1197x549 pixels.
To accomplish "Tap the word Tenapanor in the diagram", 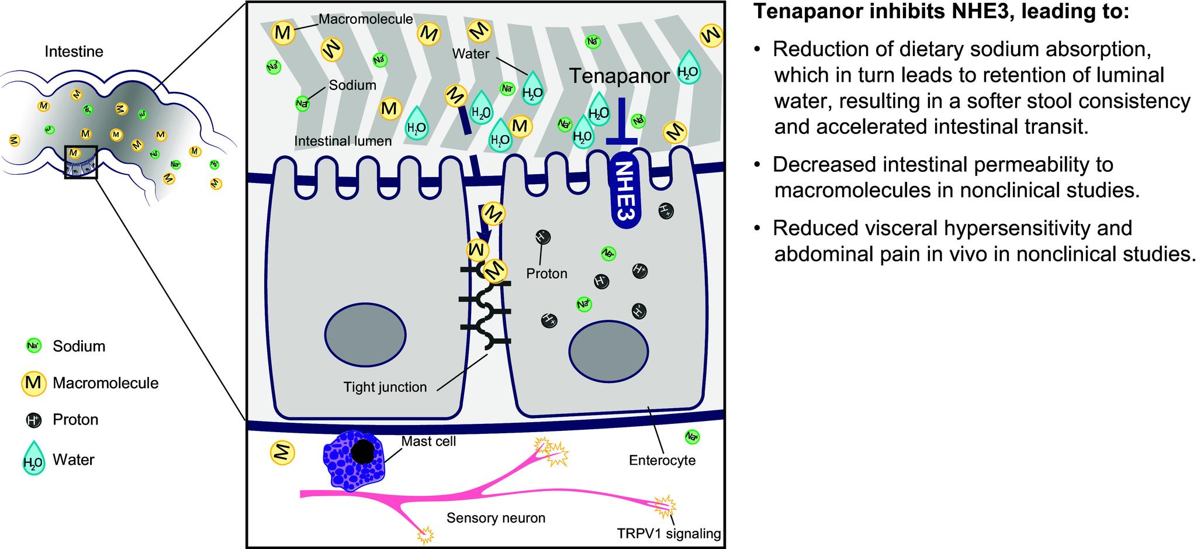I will click(620, 76).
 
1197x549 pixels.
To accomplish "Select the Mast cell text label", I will click(428, 441).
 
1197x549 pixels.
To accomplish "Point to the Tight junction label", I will click(385, 387).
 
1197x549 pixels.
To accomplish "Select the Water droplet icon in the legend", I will click(33, 458).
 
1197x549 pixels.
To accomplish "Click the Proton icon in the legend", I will click(33, 420).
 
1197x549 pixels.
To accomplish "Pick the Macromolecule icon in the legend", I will click(33, 384).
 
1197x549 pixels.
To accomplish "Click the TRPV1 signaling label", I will click(669, 533).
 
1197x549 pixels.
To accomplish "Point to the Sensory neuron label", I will click(496, 518).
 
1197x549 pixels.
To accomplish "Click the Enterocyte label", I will click(662, 460).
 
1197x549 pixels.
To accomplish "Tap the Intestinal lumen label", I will click(343, 141).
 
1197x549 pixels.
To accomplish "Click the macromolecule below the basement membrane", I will click(282, 452).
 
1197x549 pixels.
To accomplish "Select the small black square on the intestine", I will click(81, 162).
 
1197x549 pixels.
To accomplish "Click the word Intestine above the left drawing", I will click(74, 52).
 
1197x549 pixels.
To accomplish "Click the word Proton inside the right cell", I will click(546, 274).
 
